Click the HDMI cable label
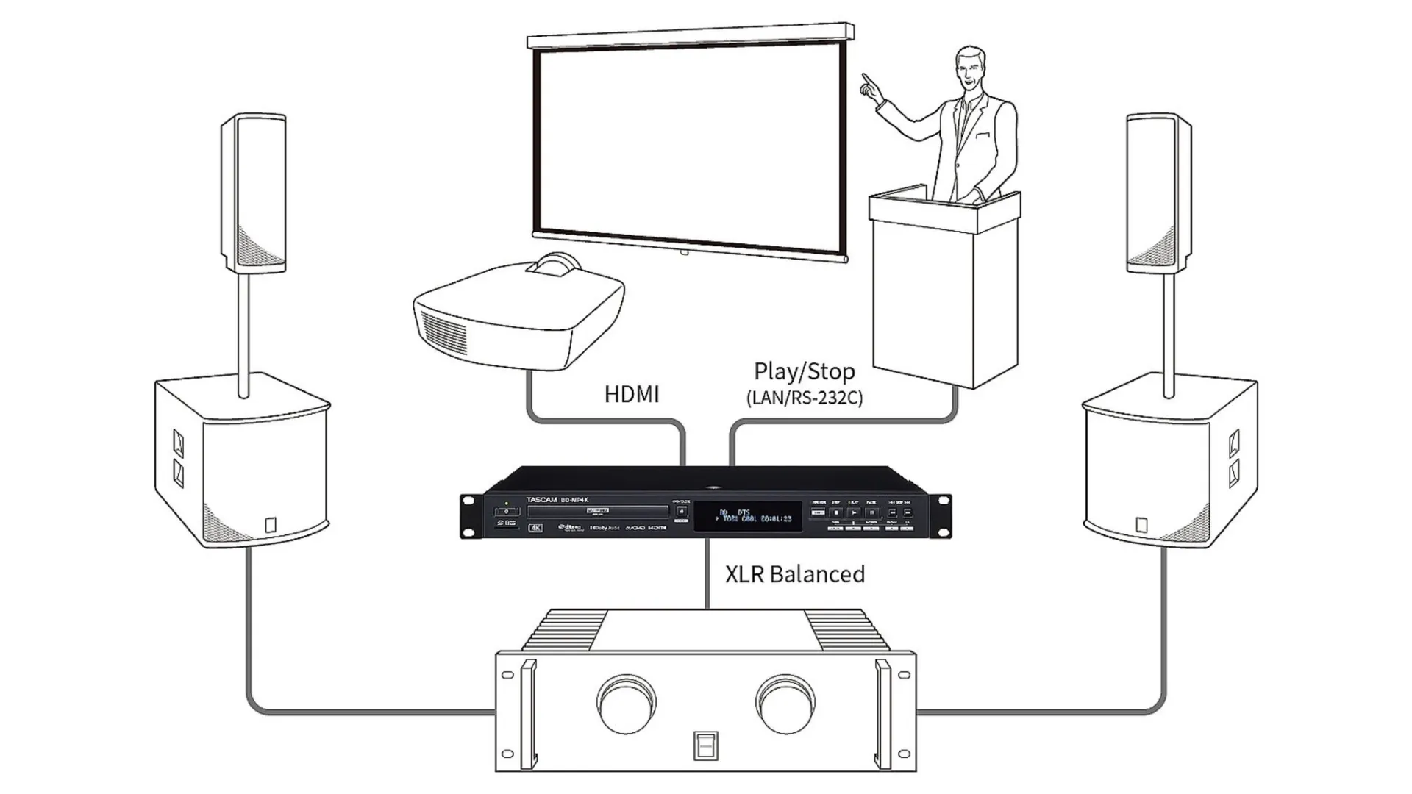(x=631, y=395)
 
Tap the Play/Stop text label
(x=804, y=372)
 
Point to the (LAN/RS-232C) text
(x=804, y=398)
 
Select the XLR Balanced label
(x=794, y=574)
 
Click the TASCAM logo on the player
(x=541, y=500)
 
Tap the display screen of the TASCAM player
(x=747, y=515)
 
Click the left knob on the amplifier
(x=627, y=704)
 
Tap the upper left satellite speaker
(x=253, y=193)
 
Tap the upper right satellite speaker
(x=1159, y=193)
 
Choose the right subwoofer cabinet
(x=1169, y=463)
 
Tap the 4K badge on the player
(x=535, y=528)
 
